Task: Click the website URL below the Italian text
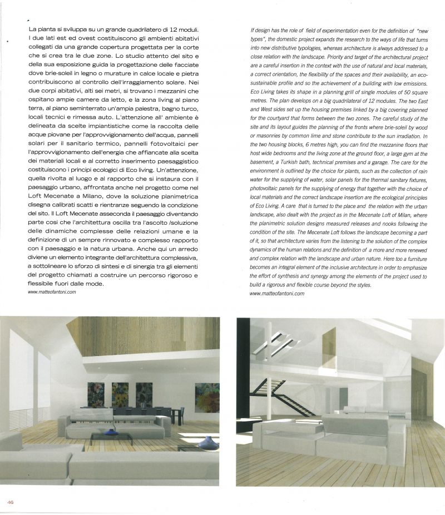click(51, 292)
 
